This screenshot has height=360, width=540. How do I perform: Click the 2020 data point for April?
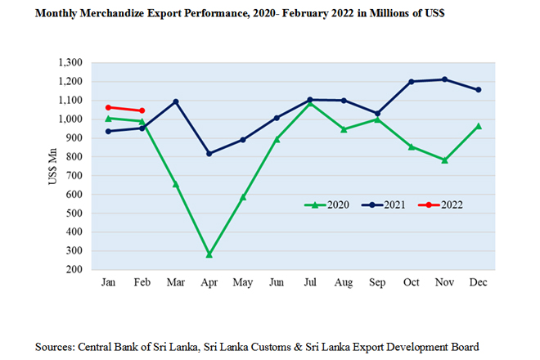(x=209, y=254)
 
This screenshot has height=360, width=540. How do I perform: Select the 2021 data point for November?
(x=444, y=79)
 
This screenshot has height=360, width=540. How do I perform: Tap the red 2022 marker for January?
(x=108, y=107)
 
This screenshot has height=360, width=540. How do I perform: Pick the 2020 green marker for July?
(x=310, y=103)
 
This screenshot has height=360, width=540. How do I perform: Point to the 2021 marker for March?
(x=176, y=101)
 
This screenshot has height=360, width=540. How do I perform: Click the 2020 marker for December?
(x=478, y=126)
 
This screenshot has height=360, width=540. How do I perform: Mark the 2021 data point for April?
(x=209, y=153)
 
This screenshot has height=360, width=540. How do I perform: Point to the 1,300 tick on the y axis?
(x=72, y=63)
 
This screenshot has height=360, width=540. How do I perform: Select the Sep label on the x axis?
(x=377, y=282)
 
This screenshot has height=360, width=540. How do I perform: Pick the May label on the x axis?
(x=243, y=282)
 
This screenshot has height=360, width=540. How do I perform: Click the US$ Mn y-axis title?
(x=52, y=165)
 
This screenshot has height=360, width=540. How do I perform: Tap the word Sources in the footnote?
(x=56, y=346)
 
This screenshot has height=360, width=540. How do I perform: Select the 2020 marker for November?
(x=444, y=160)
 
